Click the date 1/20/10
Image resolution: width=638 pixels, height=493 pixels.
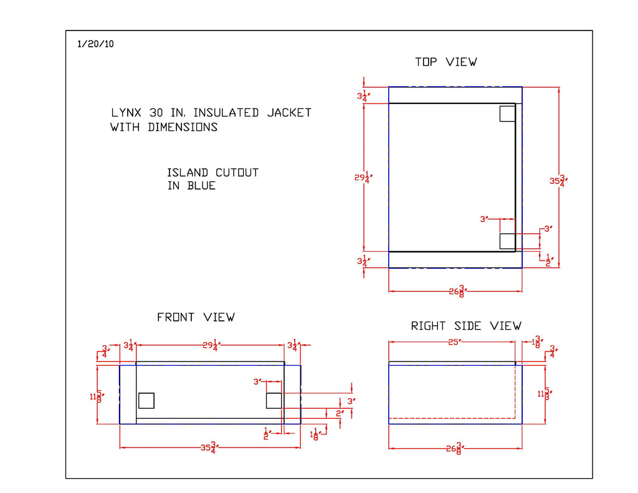point(95,44)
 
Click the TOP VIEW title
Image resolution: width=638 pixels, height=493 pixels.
point(445,62)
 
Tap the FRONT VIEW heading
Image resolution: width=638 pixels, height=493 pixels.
point(196,317)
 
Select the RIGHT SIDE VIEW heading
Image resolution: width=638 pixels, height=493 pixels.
point(466,326)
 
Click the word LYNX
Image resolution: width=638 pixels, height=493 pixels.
point(126,113)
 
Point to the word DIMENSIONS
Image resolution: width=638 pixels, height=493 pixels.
point(183,127)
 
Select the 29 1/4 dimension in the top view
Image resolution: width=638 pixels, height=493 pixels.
point(363,178)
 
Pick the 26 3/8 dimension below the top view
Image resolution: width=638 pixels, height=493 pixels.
point(458,291)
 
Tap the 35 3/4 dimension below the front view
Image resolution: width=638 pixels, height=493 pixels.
point(209,448)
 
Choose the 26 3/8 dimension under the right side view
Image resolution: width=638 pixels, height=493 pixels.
point(455,448)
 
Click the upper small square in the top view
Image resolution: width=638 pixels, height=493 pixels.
point(507,113)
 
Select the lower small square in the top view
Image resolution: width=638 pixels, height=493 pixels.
point(507,241)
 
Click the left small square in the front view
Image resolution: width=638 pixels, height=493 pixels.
point(146,400)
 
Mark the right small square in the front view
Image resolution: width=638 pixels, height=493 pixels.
point(274,400)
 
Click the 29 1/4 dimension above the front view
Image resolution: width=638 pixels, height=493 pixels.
point(209,345)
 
